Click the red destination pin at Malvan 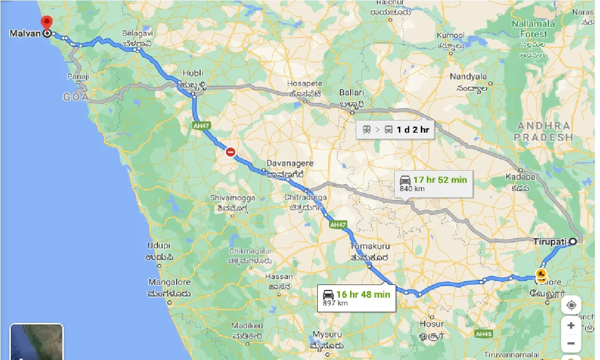[46, 22]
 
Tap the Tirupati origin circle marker [573, 242]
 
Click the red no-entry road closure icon [230, 152]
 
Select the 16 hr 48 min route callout [356, 298]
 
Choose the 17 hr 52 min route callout [433, 183]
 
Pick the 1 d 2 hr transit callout [395, 129]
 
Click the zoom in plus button [571, 325]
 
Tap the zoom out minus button [571, 344]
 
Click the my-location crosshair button [571, 306]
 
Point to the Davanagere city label [290, 164]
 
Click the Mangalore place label [170, 282]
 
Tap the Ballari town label [351, 93]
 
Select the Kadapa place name [520, 177]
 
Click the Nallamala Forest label [533, 29]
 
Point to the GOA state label [76, 97]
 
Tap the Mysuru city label [328, 335]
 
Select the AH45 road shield [482, 334]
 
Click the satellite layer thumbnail [37, 342]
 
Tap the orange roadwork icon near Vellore [542, 274]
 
